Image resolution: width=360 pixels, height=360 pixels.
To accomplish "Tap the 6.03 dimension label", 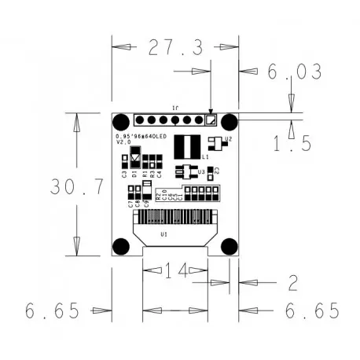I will pos(294,72).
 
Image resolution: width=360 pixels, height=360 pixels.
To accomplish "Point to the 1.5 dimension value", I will pos(292,142).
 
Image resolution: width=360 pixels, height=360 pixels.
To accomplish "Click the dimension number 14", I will pos(175,271).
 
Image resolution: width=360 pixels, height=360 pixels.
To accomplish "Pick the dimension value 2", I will pos(292,282).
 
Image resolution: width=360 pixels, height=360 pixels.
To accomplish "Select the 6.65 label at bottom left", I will pos(53,311).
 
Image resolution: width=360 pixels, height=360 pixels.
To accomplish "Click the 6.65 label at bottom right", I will pos(312,311).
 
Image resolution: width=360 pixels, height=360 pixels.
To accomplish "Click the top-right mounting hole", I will pos(229,122).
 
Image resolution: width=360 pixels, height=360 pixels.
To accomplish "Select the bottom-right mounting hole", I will pos(229,245).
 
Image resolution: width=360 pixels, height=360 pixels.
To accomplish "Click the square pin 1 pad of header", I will pos(210,121).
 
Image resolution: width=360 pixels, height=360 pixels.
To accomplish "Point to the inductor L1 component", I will pos(187,145).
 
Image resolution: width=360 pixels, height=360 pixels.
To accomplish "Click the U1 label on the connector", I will pos(163,234).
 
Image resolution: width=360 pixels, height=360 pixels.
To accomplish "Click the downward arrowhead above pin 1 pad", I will pos(210,111).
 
